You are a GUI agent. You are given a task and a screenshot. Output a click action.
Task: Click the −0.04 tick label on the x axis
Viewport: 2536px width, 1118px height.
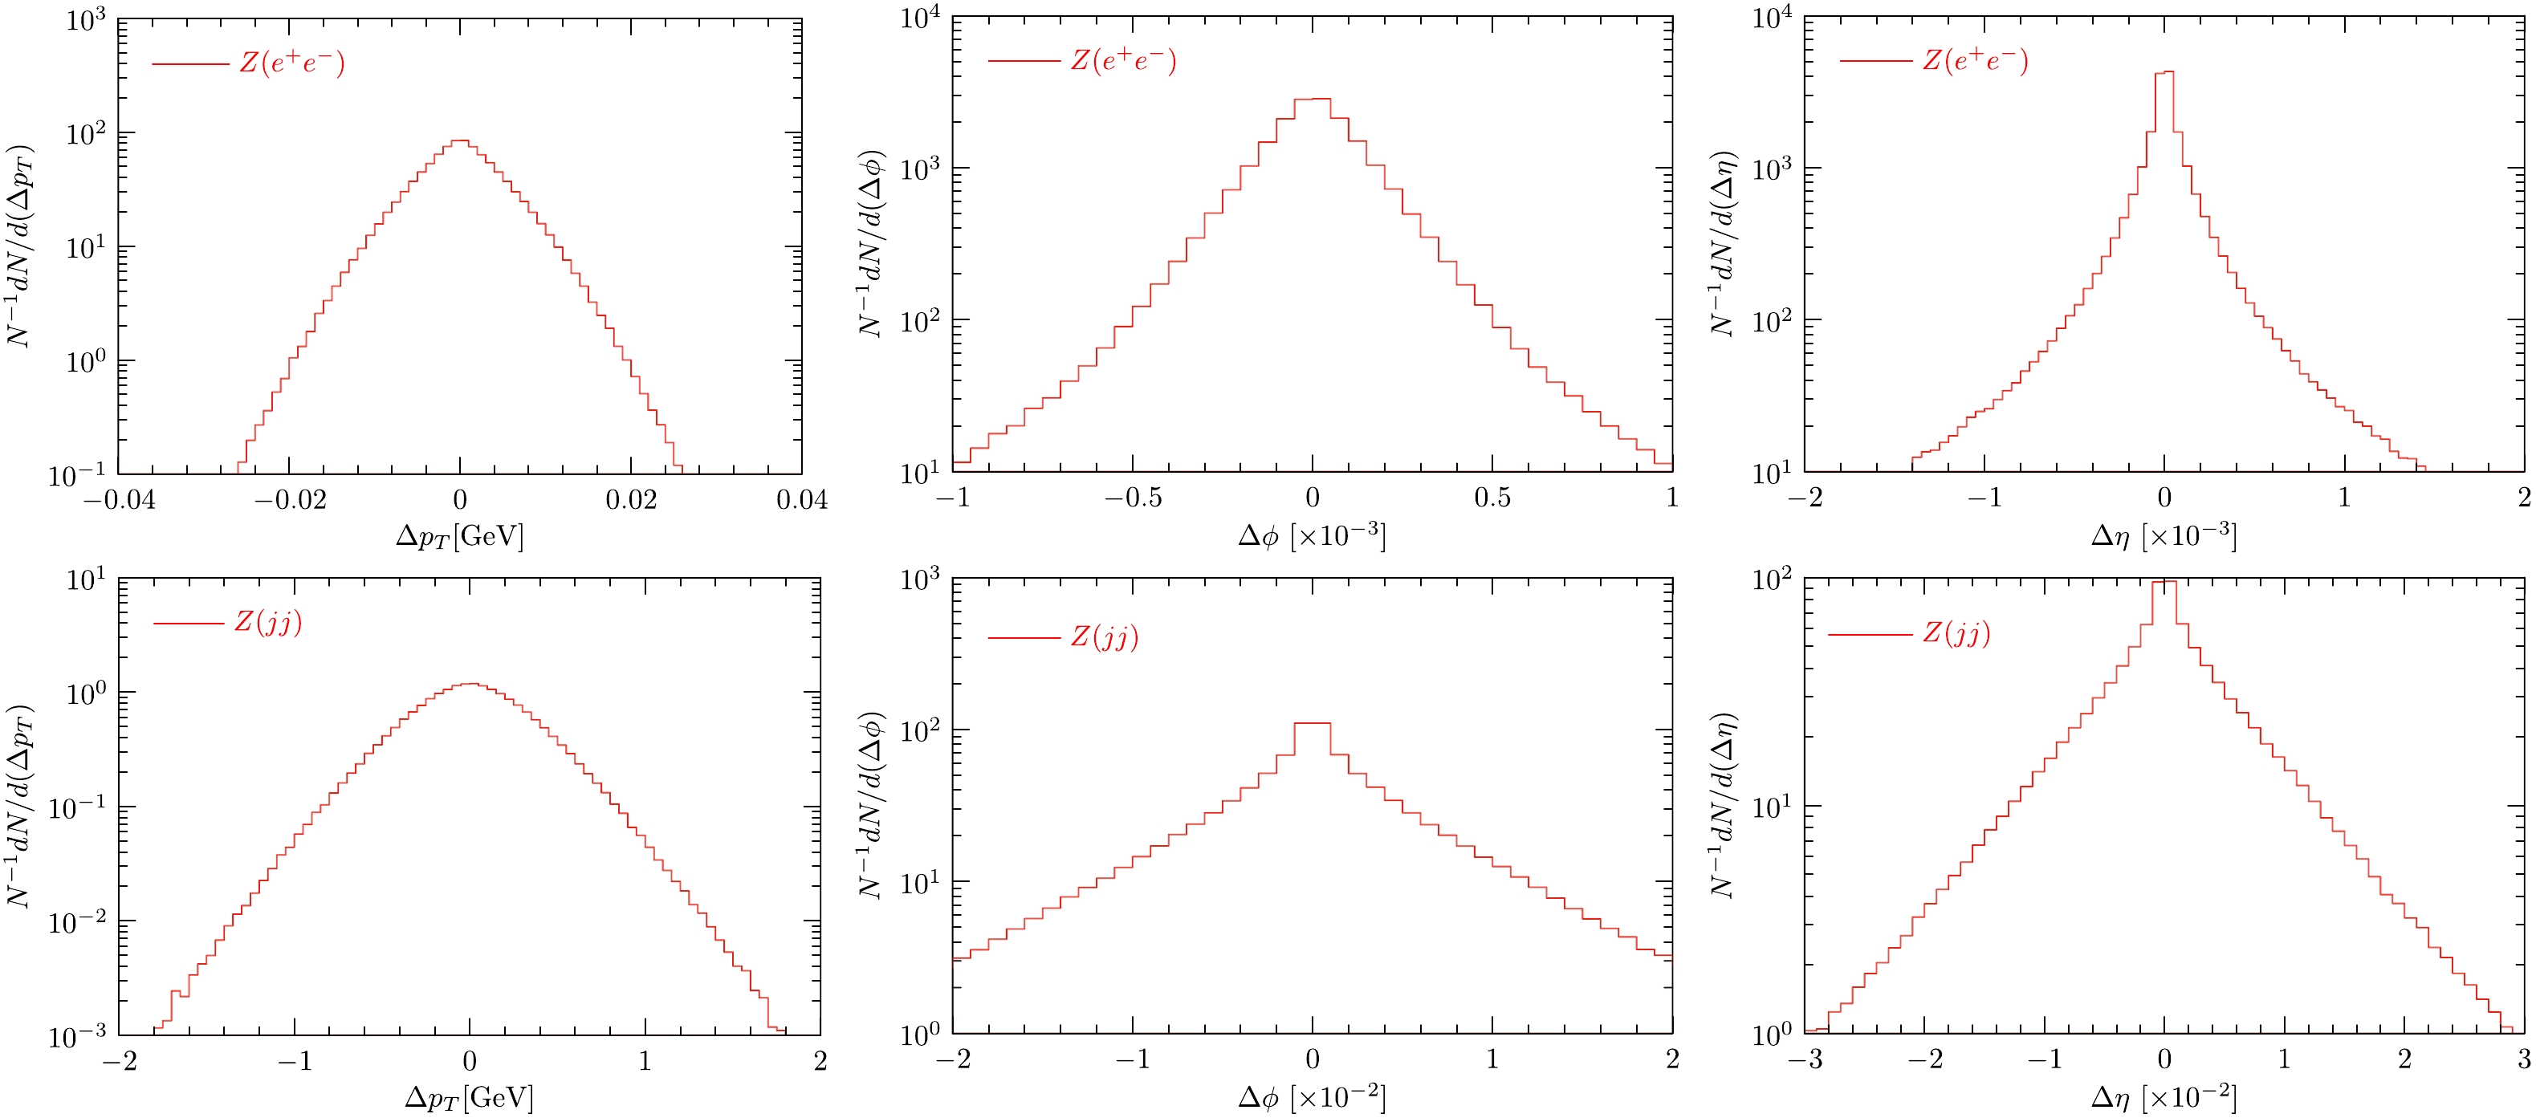pyautogui.click(x=118, y=500)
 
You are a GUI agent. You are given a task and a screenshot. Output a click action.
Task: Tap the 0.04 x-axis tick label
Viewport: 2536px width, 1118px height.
pyautogui.click(x=801, y=500)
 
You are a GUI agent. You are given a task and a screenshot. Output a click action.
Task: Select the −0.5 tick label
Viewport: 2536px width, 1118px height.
pyautogui.click(x=1132, y=498)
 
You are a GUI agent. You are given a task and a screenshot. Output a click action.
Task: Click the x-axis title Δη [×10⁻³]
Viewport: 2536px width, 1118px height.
pyautogui.click(x=2163, y=536)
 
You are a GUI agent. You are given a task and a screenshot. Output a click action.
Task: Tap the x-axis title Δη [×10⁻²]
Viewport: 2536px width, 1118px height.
pyautogui.click(x=2163, y=1097)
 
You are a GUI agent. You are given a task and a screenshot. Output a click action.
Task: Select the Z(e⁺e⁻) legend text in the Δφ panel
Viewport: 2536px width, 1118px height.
pyautogui.click(x=1123, y=60)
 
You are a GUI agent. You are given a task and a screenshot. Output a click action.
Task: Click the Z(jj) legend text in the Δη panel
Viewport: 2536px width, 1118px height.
pyautogui.click(x=1956, y=632)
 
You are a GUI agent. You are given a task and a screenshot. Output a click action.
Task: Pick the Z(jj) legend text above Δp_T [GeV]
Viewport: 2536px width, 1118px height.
pyautogui.click(x=268, y=622)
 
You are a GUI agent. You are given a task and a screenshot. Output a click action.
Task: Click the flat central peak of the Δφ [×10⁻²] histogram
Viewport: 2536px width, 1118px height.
pyautogui.click(x=1313, y=725)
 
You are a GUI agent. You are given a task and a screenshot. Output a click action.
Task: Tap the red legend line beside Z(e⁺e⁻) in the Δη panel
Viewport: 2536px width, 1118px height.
pyautogui.click(x=1875, y=61)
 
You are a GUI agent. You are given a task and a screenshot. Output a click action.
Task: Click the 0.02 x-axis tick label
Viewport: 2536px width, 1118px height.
pyautogui.click(x=631, y=500)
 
